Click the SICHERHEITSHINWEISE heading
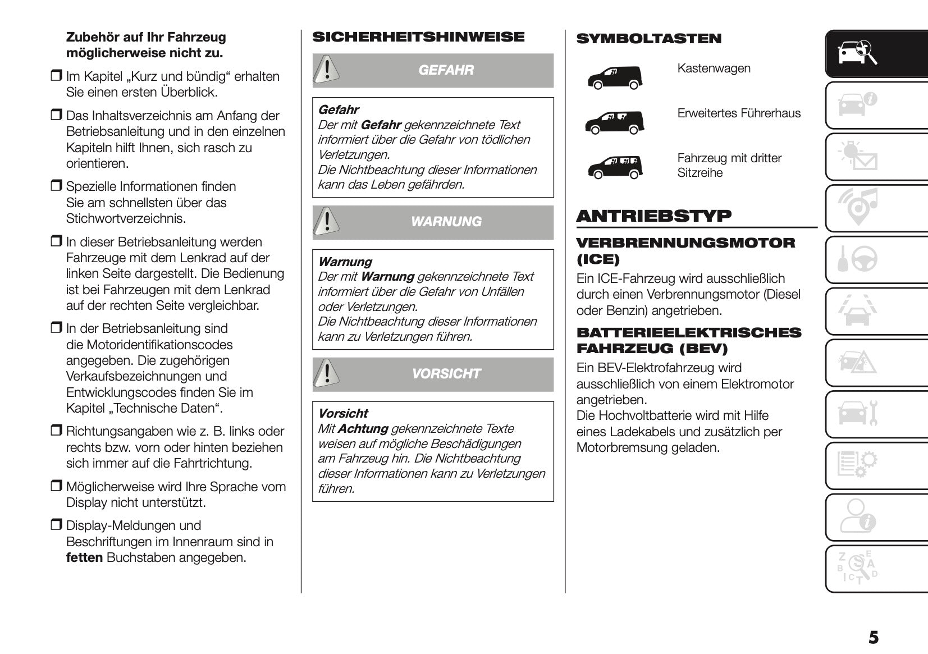pyautogui.click(x=418, y=37)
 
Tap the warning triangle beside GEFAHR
pyautogui.click(x=325, y=70)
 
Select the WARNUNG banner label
pyautogui.click(x=446, y=222)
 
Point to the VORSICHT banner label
pyautogui.click(x=446, y=374)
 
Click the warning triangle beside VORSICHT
pyautogui.click(x=325, y=373)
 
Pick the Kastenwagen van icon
pyautogui.click(x=614, y=78)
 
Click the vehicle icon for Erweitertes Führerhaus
pyautogui.click(x=614, y=122)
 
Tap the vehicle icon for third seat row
pyautogui.click(x=614, y=167)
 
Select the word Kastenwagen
pyautogui.click(x=714, y=68)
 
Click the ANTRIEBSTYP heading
pyautogui.click(x=654, y=216)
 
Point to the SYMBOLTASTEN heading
pyautogui.click(x=648, y=39)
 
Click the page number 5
pyautogui.click(x=874, y=637)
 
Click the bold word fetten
pyautogui.click(x=84, y=558)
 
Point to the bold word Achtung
pyautogui.click(x=363, y=429)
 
